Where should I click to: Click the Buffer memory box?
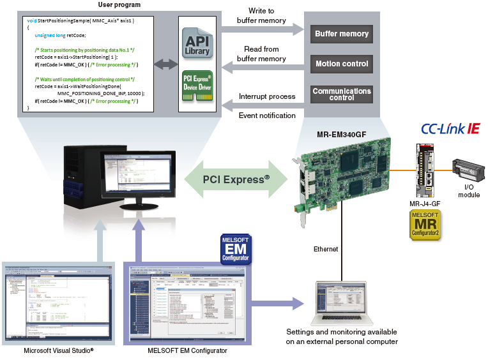point(342,33)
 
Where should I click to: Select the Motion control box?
point(342,64)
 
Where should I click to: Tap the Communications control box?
point(342,94)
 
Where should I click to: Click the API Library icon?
point(195,44)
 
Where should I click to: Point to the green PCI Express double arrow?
point(236,179)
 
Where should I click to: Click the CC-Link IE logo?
point(450,129)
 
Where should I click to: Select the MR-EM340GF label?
point(346,135)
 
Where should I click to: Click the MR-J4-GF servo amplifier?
point(425,172)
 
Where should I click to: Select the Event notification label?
point(267,116)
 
